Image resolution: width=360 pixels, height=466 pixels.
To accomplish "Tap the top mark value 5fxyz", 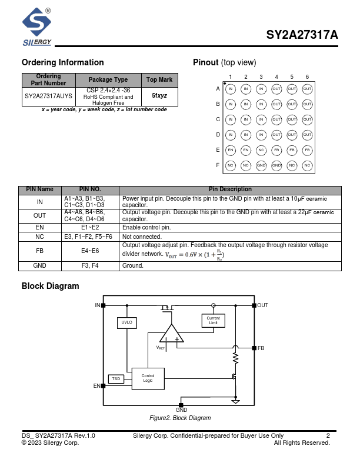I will pos(159,95).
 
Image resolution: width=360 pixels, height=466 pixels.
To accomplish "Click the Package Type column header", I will pos(108,80).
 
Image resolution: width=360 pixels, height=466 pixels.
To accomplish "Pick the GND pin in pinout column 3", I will pos(261,165).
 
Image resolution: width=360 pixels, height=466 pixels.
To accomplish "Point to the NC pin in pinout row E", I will pos(261,150).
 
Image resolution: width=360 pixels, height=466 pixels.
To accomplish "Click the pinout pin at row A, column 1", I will pos(231,89).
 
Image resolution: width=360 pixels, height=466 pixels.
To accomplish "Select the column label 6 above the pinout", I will pos(307,77).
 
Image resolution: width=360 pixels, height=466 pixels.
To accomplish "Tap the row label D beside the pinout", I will pos(218,135).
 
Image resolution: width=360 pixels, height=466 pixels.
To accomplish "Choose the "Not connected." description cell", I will pos(230,237).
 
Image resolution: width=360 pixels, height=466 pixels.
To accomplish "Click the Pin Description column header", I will pos(230,189).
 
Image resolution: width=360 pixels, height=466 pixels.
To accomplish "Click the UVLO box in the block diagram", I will pos(127,322).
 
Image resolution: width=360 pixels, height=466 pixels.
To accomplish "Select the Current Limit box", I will pos(213,320).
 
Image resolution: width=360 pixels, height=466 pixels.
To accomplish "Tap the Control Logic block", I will pos(148,378).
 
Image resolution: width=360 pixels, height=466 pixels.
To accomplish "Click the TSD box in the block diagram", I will pos(116,379).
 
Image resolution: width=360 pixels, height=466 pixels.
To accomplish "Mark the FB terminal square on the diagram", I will pos(254,348).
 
